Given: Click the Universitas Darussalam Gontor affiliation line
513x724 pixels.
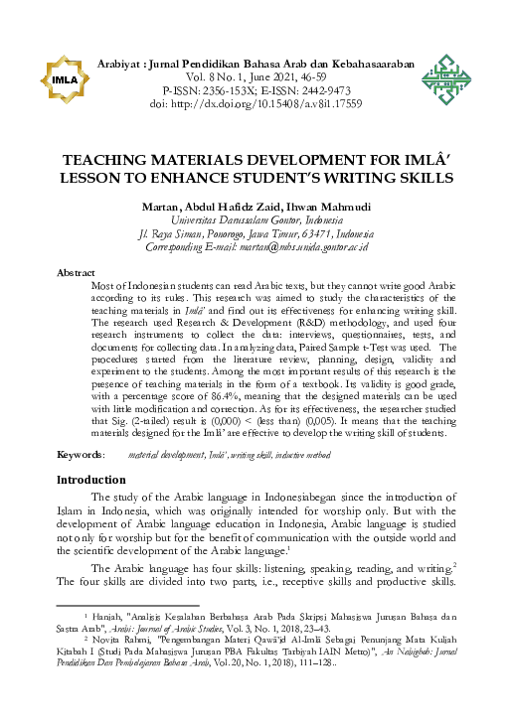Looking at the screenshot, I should point(256,219).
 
